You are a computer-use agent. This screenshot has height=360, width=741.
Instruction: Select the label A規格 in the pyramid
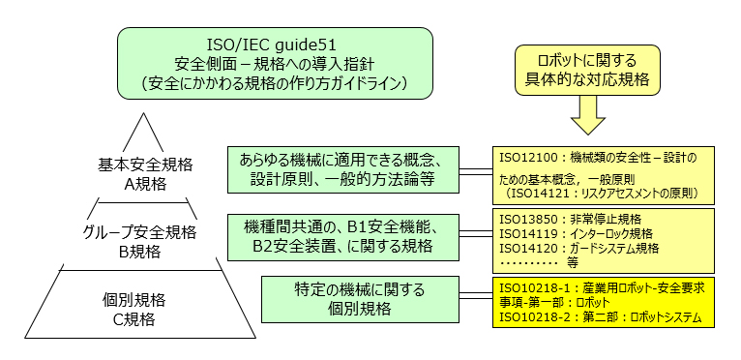147,183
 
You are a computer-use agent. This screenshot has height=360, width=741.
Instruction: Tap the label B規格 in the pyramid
147,252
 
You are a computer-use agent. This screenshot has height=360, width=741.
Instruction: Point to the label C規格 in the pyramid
147,316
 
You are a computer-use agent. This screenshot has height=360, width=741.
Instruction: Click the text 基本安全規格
147,165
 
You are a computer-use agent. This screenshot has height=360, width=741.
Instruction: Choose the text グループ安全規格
147,233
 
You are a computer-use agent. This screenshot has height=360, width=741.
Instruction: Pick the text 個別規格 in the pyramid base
147,298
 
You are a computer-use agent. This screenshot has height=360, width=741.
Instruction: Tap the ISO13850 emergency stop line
571,220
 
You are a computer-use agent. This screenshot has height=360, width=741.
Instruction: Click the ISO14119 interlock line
577,234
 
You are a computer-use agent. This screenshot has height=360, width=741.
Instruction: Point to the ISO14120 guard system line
579,248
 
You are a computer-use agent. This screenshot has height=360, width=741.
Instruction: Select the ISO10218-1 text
536,288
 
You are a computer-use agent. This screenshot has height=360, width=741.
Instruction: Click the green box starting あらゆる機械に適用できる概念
343,169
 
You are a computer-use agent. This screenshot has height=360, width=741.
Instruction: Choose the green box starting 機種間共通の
343,236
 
